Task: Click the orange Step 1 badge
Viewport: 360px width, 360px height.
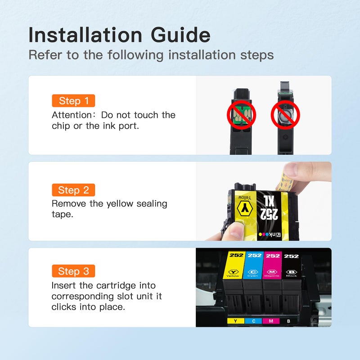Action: coord(73,100)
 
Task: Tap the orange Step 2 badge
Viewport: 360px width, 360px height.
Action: coord(73,190)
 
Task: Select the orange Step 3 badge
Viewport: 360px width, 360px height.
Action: coord(73,271)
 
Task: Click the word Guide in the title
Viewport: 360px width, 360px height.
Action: coord(180,35)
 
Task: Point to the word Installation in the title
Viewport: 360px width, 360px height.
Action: coord(85,35)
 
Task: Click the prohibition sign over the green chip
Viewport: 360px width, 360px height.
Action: coord(241,115)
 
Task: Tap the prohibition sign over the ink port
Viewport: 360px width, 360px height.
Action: coord(285,115)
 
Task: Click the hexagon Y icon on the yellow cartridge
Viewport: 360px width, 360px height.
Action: coord(245,209)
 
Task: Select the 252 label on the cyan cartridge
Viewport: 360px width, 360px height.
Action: coord(255,255)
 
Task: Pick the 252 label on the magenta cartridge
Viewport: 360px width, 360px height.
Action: coord(273,256)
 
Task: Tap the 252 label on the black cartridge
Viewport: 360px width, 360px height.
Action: coord(291,256)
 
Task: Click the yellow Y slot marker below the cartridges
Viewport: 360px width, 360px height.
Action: coord(235,321)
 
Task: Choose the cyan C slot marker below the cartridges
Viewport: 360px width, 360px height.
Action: coord(253,321)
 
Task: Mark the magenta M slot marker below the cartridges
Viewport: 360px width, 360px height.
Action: coord(271,321)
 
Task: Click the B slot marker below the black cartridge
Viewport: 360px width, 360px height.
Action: coord(288,321)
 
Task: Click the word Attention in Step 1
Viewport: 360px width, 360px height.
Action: coord(72,115)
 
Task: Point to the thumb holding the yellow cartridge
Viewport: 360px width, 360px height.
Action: coord(234,231)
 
